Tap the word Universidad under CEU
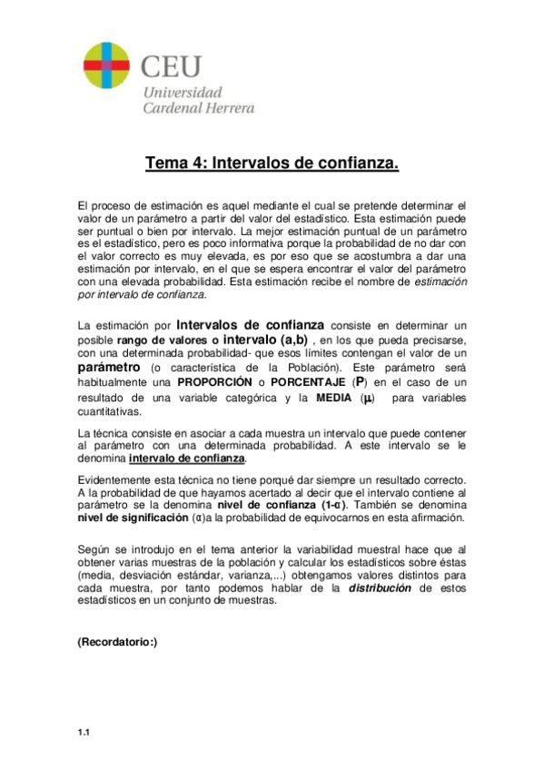[x=184, y=93]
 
